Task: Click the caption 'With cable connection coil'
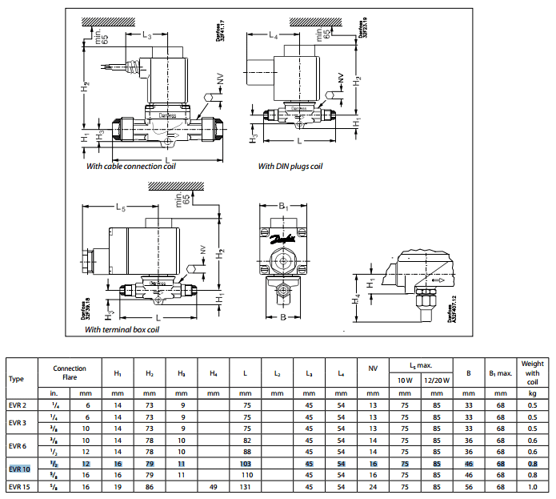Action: point(130,167)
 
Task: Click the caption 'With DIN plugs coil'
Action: point(290,167)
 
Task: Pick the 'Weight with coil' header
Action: point(532,373)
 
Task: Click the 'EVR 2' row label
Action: point(18,406)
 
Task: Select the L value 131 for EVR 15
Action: point(245,486)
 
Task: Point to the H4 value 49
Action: point(213,486)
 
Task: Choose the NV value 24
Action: point(373,486)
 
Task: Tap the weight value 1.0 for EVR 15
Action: point(532,486)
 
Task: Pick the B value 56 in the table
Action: point(468,486)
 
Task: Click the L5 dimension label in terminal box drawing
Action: point(121,207)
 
